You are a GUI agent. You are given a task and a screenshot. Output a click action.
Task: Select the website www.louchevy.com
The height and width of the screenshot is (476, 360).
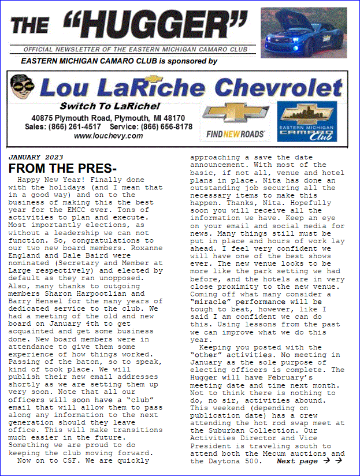(108, 136)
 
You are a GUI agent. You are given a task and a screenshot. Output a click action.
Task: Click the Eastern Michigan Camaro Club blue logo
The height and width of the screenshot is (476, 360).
(307, 122)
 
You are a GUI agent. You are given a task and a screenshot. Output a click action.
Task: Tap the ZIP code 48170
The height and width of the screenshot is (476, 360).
(172, 118)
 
